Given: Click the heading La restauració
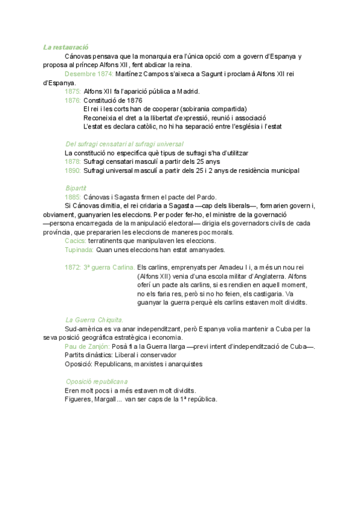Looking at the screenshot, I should tap(66, 47).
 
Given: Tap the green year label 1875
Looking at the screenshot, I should tap(73, 91).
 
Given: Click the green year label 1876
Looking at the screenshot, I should tap(73, 100).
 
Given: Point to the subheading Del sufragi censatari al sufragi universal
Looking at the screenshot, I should tap(124, 144).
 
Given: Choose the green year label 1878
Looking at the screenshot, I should tap(73, 162).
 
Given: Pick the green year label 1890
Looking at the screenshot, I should tap(73, 171).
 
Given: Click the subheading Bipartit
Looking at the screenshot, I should tap(76, 188).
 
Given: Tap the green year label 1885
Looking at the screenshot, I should tap(73, 197).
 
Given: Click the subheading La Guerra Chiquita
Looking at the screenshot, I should tap(94, 320).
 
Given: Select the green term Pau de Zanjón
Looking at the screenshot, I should tap(87, 346).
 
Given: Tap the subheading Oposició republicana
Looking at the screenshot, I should tap(96, 382).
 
